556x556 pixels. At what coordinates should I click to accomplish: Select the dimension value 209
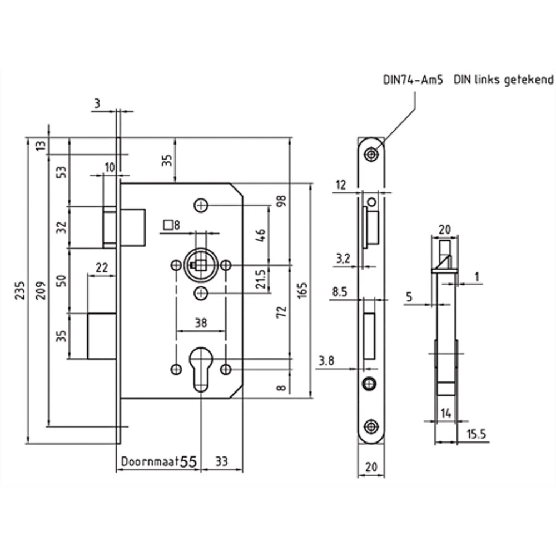point(42,287)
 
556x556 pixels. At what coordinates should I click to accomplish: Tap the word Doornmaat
point(149,461)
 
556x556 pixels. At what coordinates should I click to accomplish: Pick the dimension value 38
point(201,321)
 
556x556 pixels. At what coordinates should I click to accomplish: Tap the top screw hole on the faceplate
point(372,153)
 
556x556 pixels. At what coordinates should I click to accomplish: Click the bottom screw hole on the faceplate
point(371,426)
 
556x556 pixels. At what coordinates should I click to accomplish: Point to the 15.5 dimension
point(475,434)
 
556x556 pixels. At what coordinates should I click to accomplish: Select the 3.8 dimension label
point(326,361)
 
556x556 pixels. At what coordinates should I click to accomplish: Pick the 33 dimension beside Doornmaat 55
point(221,461)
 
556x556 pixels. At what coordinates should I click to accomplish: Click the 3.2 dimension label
point(343,258)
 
